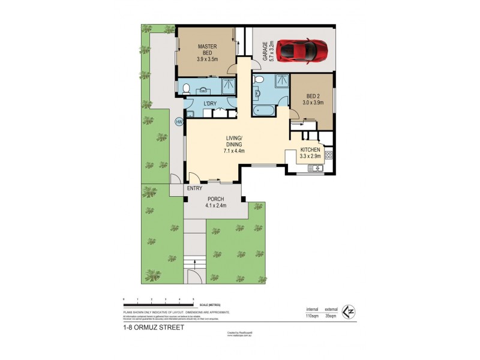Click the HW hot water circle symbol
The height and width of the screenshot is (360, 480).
coord(179,122)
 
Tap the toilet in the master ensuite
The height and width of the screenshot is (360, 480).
coord(187,89)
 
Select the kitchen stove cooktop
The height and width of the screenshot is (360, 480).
coord(328,155)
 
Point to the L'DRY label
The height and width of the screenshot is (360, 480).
coord(210,104)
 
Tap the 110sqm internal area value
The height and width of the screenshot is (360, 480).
coord(311,314)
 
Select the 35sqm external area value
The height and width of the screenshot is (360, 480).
coord(331,314)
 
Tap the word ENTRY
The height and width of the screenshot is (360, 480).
coord(194,188)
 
